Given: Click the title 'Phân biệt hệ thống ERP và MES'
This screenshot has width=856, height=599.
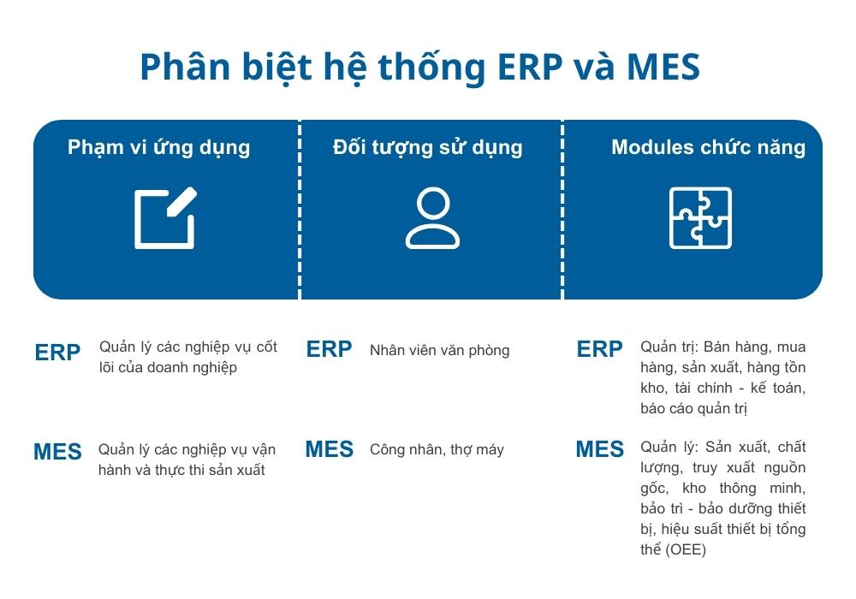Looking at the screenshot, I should [x=419, y=68].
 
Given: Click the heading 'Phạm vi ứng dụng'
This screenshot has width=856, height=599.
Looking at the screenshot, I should [x=159, y=147].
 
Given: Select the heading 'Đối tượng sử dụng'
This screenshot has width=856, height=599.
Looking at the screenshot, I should [x=427, y=147].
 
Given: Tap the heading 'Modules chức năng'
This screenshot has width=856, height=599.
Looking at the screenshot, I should [x=708, y=147].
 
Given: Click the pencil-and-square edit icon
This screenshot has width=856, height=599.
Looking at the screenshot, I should [x=165, y=218].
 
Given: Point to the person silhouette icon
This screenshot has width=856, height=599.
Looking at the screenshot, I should [x=432, y=218].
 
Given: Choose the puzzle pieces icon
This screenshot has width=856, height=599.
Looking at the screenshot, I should [x=700, y=218].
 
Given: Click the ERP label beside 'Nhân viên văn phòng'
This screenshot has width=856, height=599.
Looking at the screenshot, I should [x=330, y=349].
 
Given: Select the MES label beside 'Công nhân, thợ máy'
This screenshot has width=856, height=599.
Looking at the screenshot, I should [x=330, y=449].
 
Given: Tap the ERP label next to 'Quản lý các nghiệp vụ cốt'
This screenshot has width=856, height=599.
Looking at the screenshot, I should [x=58, y=353].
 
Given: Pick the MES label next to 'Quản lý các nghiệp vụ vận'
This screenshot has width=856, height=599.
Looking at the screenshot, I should [x=58, y=452].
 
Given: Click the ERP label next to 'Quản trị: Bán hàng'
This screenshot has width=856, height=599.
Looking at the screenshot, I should [x=600, y=349].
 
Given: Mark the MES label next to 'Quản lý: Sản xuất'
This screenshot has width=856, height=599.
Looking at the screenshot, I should [x=600, y=449].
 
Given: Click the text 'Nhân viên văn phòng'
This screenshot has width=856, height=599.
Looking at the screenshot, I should [x=439, y=350].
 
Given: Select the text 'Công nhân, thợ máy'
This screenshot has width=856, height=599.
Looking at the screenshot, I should [x=437, y=449].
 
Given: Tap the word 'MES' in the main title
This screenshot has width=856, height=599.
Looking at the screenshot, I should [x=663, y=68].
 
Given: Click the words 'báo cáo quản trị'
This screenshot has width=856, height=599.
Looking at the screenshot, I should [x=693, y=409].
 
